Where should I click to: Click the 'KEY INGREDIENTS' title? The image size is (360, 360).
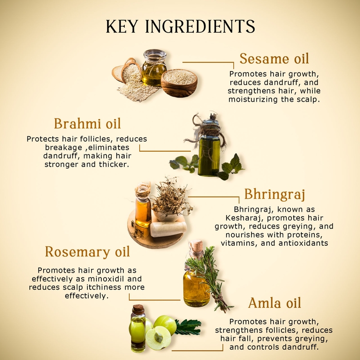coord(180,27)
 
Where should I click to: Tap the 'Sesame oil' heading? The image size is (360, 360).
coord(274,59)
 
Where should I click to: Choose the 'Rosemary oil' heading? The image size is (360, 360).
coord(87,252)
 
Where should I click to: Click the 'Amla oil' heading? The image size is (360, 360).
coord(275,303)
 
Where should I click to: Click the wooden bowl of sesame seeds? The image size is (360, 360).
coord(180,82)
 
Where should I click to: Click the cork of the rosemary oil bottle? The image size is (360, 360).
coord(196,249)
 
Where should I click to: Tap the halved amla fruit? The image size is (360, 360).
coord(158,337)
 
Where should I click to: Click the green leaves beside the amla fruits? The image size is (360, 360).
coord(188,327)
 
